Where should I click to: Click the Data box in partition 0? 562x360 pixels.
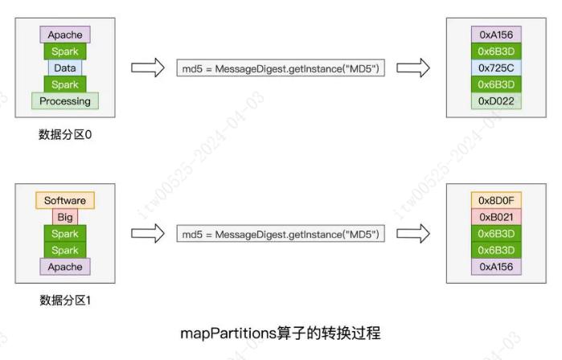65,68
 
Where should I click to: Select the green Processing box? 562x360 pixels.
65,101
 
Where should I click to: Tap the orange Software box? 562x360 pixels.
65,201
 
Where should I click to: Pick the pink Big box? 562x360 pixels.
65,217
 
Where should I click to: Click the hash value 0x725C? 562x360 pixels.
496,68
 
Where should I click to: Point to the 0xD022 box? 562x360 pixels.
496,101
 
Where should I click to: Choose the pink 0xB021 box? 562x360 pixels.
496,217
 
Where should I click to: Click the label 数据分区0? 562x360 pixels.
65,135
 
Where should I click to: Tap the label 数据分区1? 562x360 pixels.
65,301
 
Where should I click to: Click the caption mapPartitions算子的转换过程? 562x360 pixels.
281,333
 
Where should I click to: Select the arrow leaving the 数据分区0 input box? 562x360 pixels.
146,68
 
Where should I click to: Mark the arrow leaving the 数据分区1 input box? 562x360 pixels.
146,234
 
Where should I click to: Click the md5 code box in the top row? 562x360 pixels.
280,68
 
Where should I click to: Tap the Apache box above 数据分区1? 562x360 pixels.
65,267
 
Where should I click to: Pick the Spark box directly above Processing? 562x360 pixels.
65,84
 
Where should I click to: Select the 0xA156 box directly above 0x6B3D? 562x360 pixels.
496,35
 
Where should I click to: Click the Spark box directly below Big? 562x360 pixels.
65,234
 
